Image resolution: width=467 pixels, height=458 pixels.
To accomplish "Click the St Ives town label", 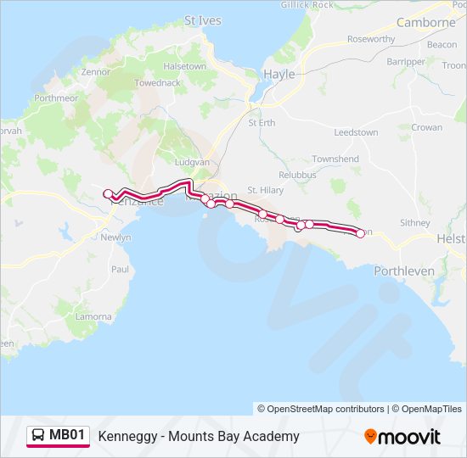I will click(x=201, y=20).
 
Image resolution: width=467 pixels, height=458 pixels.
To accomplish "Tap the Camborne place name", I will click(x=425, y=23).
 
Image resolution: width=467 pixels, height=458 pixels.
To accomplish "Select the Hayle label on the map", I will click(x=279, y=74).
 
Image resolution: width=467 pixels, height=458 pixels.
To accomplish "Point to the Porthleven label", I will click(x=404, y=271).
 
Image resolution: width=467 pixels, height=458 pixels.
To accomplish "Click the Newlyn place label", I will click(x=116, y=237).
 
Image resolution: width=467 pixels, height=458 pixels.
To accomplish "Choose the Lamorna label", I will click(x=93, y=316).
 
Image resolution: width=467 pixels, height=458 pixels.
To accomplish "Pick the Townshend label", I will click(x=335, y=159).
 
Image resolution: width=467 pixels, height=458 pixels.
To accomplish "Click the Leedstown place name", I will click(x=356, y=133).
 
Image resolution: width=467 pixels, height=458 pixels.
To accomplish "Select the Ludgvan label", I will click(x=191, y=161).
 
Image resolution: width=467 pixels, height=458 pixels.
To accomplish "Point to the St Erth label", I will click(x=262, y=123).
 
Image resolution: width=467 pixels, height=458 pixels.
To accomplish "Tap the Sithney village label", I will click(x=415, y=223).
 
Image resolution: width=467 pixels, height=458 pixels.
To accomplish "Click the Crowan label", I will click(x=426, y=127).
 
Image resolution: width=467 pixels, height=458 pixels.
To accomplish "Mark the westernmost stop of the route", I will click(x=108, y=194).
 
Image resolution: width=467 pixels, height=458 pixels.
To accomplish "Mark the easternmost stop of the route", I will click(x=360, y=233).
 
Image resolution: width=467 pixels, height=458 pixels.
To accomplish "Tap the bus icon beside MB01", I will click(x=38, y=436).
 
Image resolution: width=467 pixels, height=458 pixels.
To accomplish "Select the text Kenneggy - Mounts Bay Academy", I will click(x=199, y=437).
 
